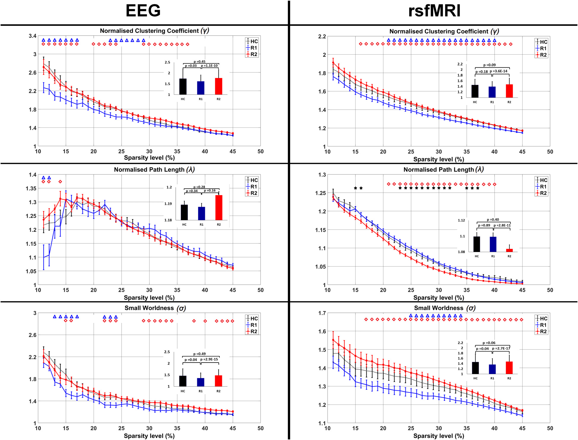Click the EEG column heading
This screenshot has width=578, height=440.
click(x=143, y=11)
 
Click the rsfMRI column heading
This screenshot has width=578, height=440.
click(x=434, y=11)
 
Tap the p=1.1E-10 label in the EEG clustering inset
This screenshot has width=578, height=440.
click(x=209, y=66)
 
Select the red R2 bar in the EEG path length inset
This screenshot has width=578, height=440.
click(x=219, y=208)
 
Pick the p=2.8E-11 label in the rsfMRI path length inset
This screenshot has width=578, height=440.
click(x=502, y=225)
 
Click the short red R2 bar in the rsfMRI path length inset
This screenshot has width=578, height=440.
click(x=509, y=250)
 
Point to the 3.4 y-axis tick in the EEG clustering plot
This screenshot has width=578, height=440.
click(x=33, y=36)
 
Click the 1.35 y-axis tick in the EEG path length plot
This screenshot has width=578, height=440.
click(x=31, y=188)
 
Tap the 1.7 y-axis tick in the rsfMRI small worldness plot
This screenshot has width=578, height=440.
click(x=322, y=313)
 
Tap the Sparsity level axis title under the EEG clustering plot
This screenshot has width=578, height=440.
click(x=149, y=158)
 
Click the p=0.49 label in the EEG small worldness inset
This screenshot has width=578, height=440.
click(x=199, y=354)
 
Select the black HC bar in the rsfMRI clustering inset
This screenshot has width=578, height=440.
click(x=475, y=91)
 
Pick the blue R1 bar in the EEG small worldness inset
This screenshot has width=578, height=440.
click(x=201, y=382)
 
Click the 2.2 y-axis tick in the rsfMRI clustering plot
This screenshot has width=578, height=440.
click(x=322, y=36)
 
